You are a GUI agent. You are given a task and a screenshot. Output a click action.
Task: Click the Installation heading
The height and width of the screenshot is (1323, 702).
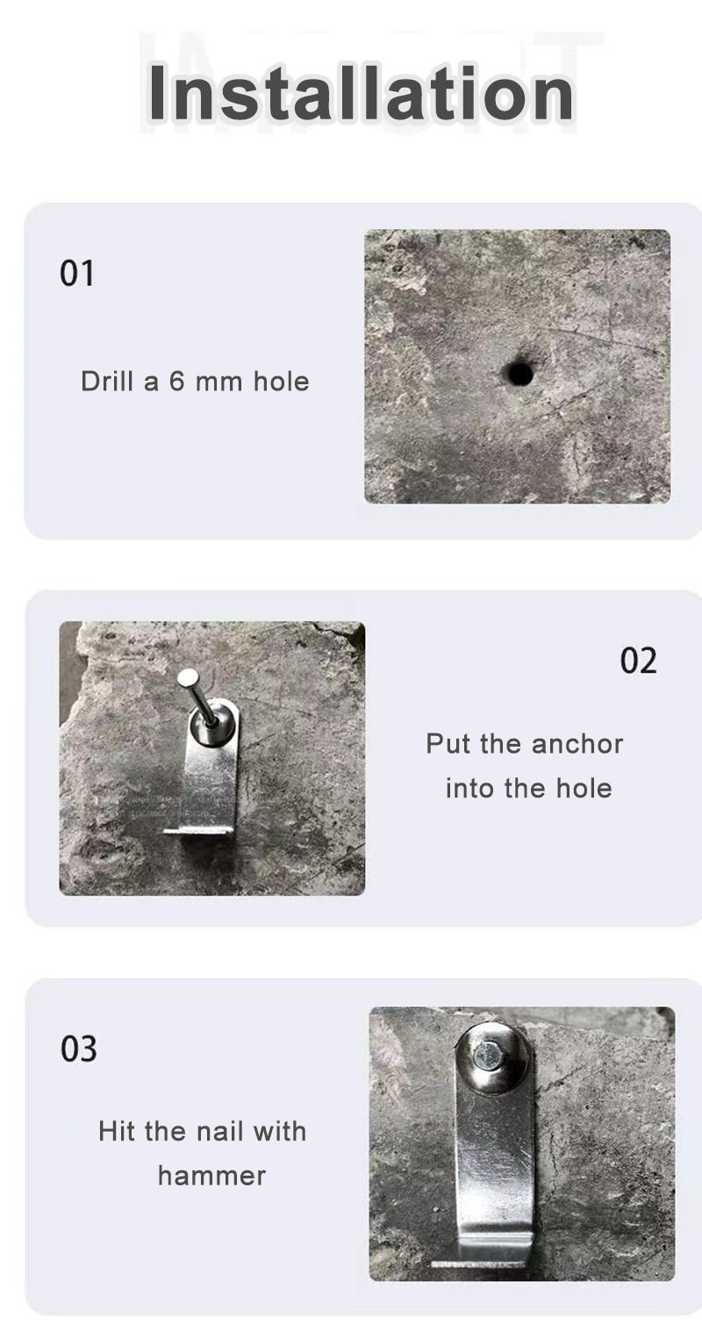pyautogui.click(x=361, y=92)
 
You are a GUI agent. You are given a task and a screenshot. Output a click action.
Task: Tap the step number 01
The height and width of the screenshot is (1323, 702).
pyautogui.click(x=77, y=274)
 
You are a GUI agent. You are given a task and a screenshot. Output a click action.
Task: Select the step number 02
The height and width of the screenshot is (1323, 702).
pyautogui.click(x=638, y=661)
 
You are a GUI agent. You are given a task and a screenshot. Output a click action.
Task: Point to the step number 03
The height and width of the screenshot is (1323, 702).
pyautogui.click(x=79, y=1048)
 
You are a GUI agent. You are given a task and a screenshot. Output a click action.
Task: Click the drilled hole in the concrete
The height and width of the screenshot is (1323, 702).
pyautogui.click(x=519, y=374)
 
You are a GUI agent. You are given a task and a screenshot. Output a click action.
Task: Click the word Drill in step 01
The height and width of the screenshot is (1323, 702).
pyautogui.click(x=107, y=382)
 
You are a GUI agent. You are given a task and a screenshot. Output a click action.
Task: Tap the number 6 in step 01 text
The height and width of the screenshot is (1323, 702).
pyautogui.click(x=176, y=382)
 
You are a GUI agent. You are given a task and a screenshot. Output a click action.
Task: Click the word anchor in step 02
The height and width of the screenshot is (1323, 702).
pyautogui.click(x=577, y=744)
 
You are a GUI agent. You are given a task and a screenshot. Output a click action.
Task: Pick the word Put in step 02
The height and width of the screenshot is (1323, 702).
pyautogui.click(x=449, y=744)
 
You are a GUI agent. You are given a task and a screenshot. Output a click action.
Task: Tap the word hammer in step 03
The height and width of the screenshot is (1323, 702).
pyautogui.click(x=211, y=1176)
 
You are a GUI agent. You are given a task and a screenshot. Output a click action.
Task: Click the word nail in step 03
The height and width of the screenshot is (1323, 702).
pyautogui.click(x=218, y=1131)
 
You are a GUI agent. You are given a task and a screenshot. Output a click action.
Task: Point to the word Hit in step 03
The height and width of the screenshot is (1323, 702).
pyautogui.click(x=117, y=1131)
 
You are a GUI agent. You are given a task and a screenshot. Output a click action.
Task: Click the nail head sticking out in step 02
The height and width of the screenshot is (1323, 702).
pyautogui.click(x=187, y=677)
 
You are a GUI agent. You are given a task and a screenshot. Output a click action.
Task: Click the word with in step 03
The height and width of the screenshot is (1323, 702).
pyautogui.click(x=279, y=1131)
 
